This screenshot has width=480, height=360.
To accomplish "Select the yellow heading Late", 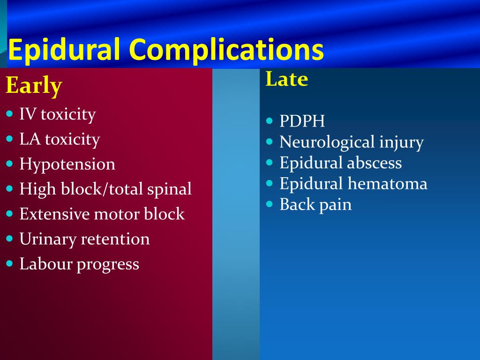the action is [286, 79].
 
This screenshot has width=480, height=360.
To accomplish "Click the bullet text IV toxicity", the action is [58, 115].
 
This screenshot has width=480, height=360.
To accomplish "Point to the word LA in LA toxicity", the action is [30, 139].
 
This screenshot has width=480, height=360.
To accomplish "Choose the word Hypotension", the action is [67, 165].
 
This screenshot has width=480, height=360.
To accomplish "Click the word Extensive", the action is [54, 214].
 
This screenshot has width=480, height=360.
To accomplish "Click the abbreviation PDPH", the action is [302, 121].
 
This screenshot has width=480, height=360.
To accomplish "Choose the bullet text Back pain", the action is [315, 205].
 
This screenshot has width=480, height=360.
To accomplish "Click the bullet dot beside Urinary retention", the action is [9, 238].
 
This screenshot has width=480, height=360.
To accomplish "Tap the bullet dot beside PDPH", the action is [270, 120].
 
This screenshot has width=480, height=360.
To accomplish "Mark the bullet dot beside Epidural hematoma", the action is [270, 183].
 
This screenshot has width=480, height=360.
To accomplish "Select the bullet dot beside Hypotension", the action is [9, 164].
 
